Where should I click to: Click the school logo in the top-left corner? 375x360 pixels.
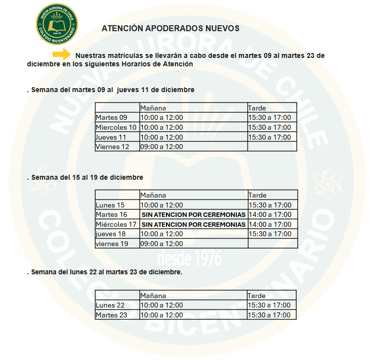(56, 24)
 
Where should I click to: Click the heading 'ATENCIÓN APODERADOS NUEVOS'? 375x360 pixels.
(170, 29)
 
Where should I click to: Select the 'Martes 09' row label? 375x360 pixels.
(111, 118)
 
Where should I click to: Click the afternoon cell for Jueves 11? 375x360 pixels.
(269, 137)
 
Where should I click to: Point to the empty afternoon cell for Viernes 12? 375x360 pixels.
(271, 147)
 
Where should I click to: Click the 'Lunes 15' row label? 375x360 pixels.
(110, 205)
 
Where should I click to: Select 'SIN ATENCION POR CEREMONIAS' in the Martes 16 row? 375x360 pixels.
(194, 215)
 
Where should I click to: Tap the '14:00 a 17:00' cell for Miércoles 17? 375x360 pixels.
(270, 224)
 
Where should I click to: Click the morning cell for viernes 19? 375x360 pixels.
(161, 244)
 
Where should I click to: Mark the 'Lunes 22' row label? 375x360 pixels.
(110, 305)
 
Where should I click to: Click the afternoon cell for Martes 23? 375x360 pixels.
(269, 315)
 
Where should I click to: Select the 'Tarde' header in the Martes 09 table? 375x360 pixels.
(257, 108)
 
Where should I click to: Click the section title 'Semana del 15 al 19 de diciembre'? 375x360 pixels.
(87, 177)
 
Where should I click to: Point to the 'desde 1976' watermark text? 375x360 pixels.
(189, 258)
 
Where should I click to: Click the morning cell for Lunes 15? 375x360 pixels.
(161, 205)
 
